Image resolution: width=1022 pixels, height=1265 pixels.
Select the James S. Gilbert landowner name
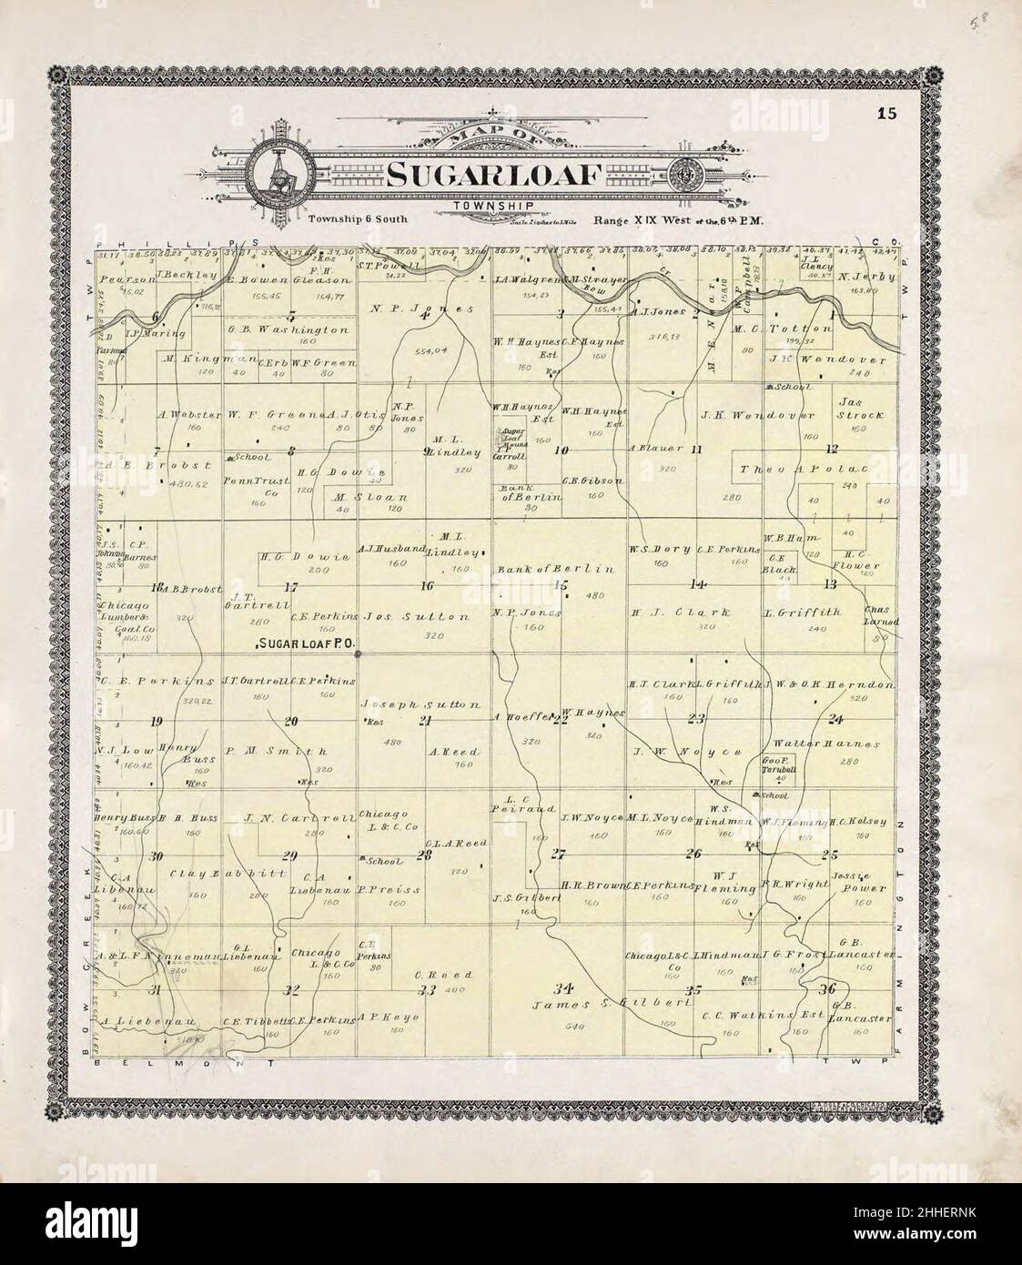583,1002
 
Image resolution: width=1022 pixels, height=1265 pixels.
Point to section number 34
566,987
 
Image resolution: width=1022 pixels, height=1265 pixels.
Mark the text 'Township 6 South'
358,219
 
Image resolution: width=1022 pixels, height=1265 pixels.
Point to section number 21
424,722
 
